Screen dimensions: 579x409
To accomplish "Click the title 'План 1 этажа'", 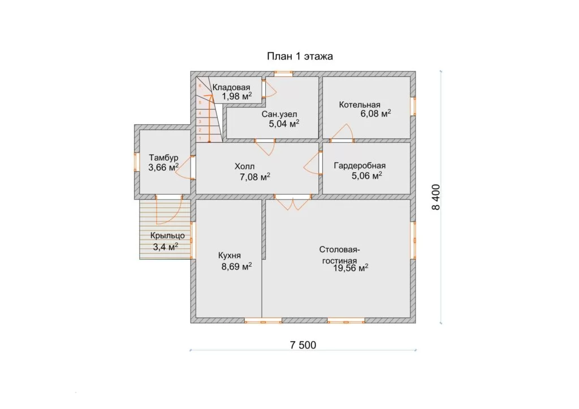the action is point(300,56).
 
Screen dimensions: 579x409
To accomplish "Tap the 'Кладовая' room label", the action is point(231,88).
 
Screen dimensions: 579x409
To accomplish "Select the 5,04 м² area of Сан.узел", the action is point(284,124).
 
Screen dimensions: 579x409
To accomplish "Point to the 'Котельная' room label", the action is point(360,105).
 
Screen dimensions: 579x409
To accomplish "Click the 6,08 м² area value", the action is point(375,113).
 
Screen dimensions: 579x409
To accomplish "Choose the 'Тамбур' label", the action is point(163,158).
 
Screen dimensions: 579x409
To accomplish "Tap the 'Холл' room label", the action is point(244,166).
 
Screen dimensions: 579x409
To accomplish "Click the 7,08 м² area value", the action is point(255,177).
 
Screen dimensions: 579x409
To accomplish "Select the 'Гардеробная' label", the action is point(360,166).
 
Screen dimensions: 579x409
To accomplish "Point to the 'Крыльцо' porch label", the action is point(167,236).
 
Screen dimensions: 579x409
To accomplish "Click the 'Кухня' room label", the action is point(230,255).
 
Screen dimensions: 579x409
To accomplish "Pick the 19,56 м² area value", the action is point(351,268).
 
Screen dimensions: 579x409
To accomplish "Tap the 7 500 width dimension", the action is point(303,345).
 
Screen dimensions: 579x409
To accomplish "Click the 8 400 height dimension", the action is point(436,197).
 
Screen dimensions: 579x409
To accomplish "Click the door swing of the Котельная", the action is point(342,133).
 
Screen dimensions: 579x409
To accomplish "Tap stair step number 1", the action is point(200,138).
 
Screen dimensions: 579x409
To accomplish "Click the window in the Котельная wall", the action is point(413,106).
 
